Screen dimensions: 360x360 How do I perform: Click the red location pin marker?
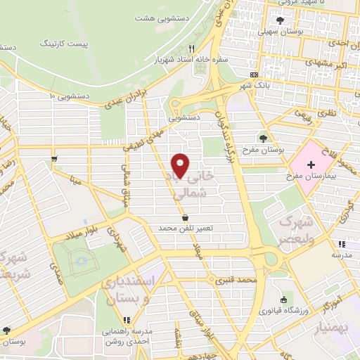tap(181, 165)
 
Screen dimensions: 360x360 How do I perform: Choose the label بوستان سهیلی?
tap(280, 31)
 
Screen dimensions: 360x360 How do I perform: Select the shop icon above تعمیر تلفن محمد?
tap(185, 217)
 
